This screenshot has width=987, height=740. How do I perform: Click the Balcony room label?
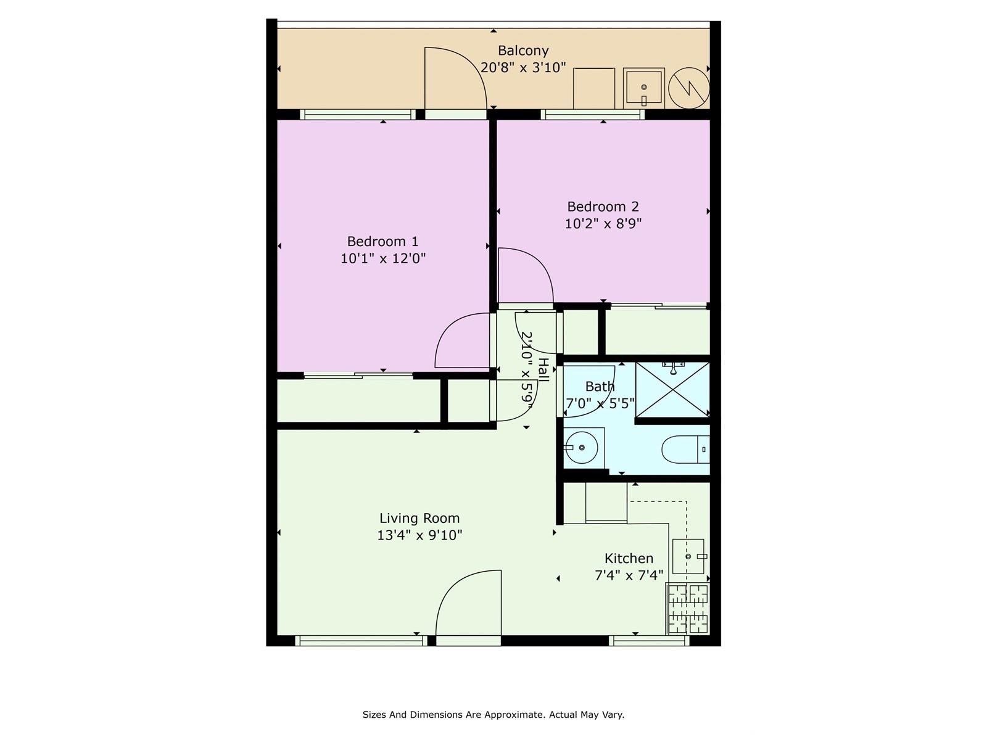coord(523,51)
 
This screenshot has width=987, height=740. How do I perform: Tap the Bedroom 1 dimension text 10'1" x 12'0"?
coord(383,258)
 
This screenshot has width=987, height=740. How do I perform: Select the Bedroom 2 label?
coord(603,207)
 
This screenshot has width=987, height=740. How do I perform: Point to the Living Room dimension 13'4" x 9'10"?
coord(419,535)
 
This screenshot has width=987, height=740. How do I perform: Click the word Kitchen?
coord(629,559)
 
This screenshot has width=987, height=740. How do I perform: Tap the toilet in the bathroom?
coord(686,450)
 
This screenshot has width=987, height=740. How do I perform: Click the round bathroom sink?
coord(582,448)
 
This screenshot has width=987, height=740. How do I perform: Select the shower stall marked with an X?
coord(672,390)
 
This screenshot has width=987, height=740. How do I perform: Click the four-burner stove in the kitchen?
coord(688,609)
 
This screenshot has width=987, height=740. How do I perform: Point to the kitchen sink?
coord(688,557)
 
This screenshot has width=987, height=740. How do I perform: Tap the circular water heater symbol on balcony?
coord(689,88)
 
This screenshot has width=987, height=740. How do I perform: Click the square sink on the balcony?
coord(644,88)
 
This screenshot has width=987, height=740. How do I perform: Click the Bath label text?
coord(600,387)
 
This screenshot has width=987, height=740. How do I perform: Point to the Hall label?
coord(543,370)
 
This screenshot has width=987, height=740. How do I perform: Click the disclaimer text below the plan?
coord(493,714)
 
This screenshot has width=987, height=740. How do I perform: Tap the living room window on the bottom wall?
coord(361,641)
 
